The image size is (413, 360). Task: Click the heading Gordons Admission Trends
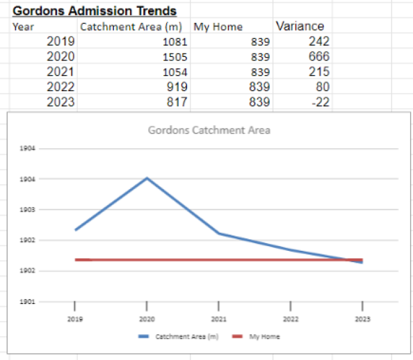tap(95, 11)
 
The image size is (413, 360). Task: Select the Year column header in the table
tap(23, 26)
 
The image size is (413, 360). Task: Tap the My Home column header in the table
tap(218, 26)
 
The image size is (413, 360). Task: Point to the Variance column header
tap(300, 26)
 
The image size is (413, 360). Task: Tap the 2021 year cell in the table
tap(61, 72)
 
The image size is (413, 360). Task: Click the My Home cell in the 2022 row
tap(259, 87)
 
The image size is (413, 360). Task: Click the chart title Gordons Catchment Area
tap(209, 130)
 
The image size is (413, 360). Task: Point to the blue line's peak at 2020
tap(147, 178)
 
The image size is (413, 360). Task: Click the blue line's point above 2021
tap(219, 233)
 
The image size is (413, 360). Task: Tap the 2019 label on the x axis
tap(75, 319)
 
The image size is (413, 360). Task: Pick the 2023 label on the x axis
tap(362, 319)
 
